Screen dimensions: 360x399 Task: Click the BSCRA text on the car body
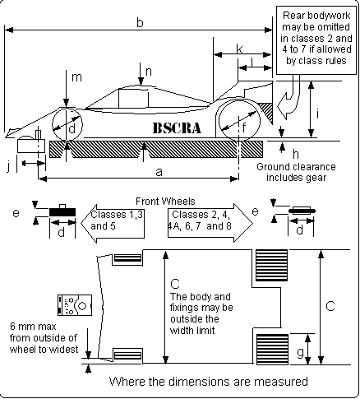click(x=177, y=128)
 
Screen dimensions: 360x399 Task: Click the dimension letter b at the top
click(x=140, y=22)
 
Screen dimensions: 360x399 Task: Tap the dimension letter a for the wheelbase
click(x=159, y=172)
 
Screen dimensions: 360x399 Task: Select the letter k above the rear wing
click(x=239, y=49)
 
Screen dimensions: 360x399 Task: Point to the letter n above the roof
click(x=149, y=72)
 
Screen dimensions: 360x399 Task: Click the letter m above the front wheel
click(x=76, y=77)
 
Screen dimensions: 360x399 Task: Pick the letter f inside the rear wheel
click(x=244, y=128)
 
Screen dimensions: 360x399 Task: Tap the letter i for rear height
click(x=317, y=114)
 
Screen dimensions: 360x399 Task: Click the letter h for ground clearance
click(x=295, y=155)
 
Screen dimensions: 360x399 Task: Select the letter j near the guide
click(x=8, y=166)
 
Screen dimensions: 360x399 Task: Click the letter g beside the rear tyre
click(x=300, y=352)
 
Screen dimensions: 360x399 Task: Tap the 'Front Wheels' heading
click(x=165, y=202)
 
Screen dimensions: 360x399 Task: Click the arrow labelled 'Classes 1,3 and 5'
click(x=113, y=224)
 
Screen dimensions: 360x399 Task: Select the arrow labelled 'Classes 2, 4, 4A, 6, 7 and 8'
click(x=210, y=223)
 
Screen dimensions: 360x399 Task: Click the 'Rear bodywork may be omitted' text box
click(x=316, y=40)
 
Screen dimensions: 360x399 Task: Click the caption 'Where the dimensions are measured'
click(x=209, y=382)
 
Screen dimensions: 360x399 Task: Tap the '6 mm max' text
click(x=33, y=327)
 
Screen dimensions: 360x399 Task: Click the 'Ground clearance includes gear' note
click(x=296, y=172)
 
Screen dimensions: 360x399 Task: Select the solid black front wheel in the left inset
click(x=62, y=212)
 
